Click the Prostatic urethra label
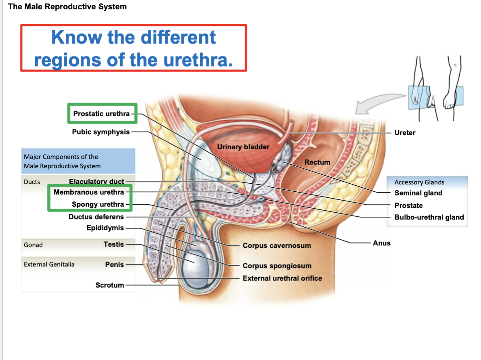click(101, 113)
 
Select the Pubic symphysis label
click(101, 132)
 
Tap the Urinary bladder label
click(243, 147)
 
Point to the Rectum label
click(317, 162)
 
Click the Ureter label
click(405, 133)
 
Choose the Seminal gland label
click(418, 193)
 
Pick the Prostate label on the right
click(408, 205)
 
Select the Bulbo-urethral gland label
click(429, 217)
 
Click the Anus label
click(381, 243)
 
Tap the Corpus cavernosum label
click(276, 245)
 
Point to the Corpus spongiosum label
click(277, 266)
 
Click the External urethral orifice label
click(282, 278)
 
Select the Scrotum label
click(109, 285)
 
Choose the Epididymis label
click(105, 228)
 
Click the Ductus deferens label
click(96, 217)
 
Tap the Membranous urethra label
click(89, 192)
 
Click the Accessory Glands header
click(419, 182)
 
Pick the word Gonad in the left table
click(33, 245)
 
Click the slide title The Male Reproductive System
click(67, 6)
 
